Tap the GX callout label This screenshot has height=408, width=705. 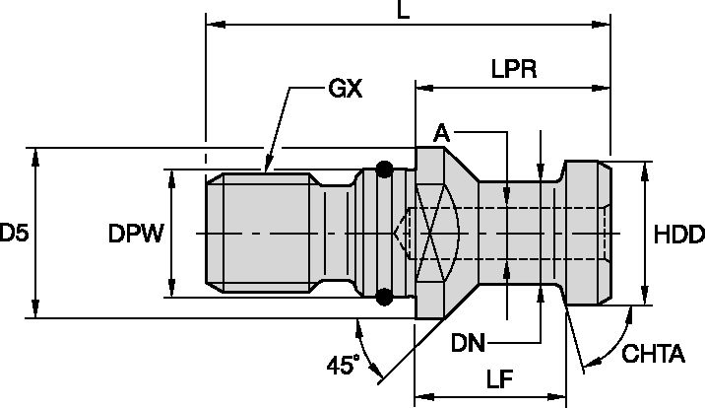pos(344,89)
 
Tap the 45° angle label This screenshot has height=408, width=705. pos(341,365)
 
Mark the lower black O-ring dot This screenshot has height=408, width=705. pos(385,295)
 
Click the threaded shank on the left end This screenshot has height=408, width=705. pos(261,234)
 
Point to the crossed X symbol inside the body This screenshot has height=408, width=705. pos(433,234)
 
